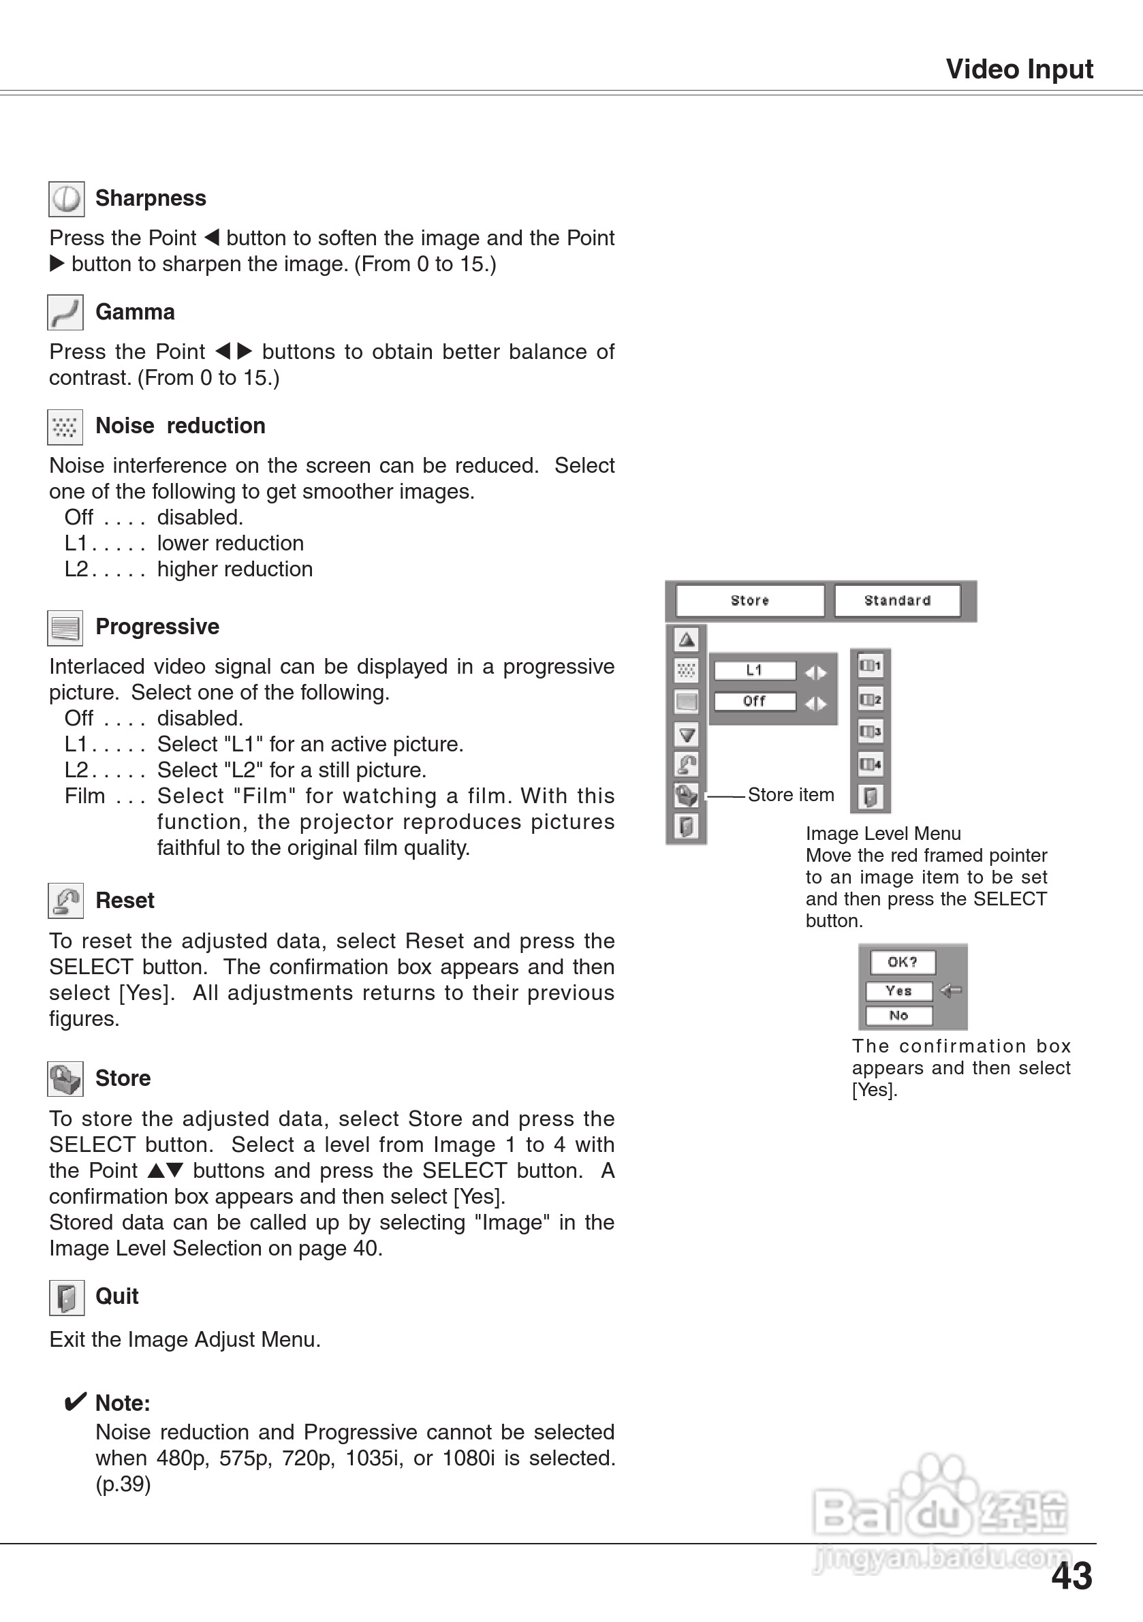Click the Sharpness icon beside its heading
[x=66, y=198]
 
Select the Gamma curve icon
[x=65, y=312]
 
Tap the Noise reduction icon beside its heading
[x=65, y=426]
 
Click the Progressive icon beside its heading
[x=65, y=627]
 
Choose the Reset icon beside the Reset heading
[x=65, y=901]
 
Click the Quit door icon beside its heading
[x=66, y=1297]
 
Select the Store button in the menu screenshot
[x=749, y=600]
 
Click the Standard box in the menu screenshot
[x=897, y=600]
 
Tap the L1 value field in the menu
[x=755, y=670]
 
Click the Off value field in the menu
[x=755, y=702]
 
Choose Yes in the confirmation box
[x=898, y=991]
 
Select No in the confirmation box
[x=898, y=1015]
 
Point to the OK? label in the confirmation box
[x=902, y=962]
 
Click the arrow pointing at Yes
[x=951, y=991]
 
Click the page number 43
[x=1071, y=1576]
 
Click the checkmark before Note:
[x=75, y=1401]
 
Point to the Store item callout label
[x=790, y=795]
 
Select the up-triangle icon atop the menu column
[x=686, y=640]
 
